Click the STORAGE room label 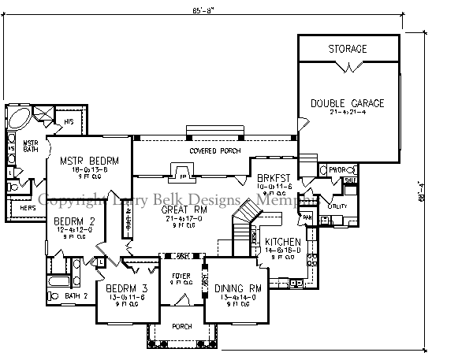[x=348, y=49]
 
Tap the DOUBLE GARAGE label [x=347, y=103]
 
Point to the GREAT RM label [x=184, y=210]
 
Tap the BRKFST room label [x=274, y=178]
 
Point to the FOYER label [x=181, y=276]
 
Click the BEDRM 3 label [x=126, y=288]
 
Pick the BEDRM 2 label [x=74, y=221]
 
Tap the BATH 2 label [x=75, y=296]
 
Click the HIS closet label [x=69, y=123]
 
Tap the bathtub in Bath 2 [x=58, y=281]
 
